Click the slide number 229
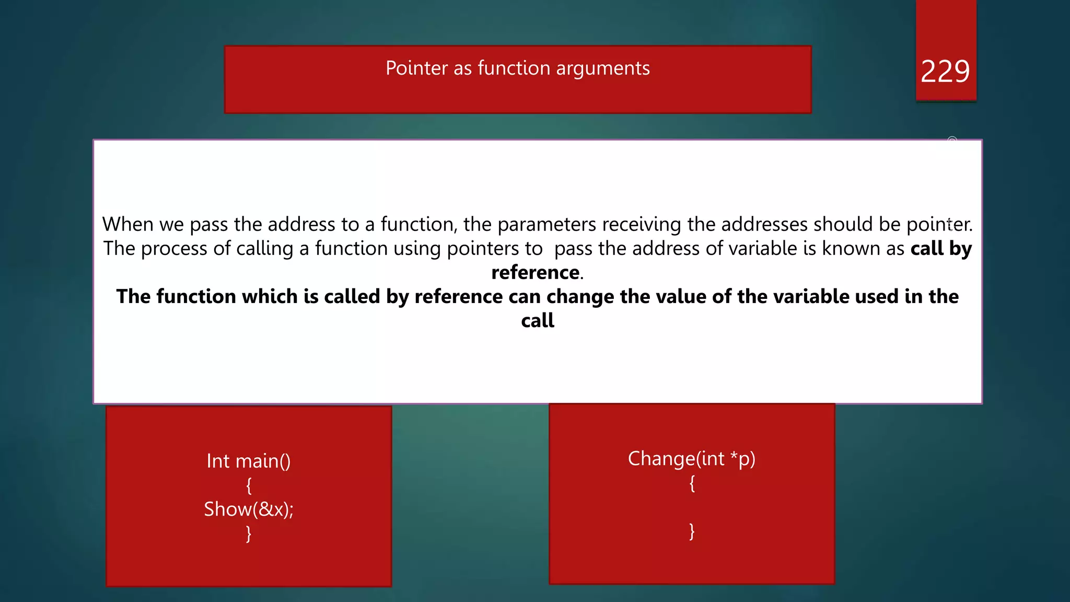[945, 72]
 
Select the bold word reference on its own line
[535, 272]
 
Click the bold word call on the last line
[537, 320]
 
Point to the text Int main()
[248, 461]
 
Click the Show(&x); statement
[249, 509]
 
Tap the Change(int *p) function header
[691, 459]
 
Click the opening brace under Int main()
[249, 485]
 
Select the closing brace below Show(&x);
[249, 534]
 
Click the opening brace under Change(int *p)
[692, 483]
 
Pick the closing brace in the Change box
[692, 531]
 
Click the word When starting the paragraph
[127, 224]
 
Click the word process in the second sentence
[174, 249]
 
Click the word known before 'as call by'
[851, 249]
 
